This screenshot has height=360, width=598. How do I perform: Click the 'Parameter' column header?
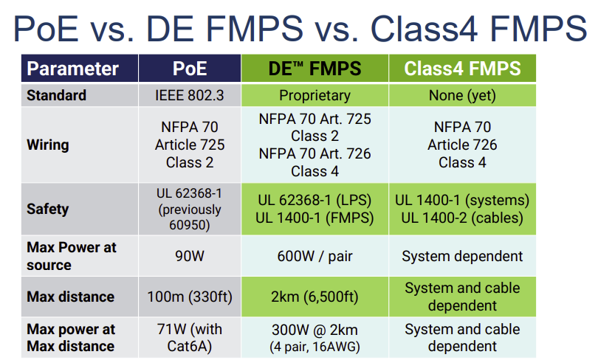point(72,69)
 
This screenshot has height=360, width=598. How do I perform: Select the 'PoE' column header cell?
point(190,69)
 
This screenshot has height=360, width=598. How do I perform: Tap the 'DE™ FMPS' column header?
point(315,69)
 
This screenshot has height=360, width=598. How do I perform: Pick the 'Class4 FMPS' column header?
point(462,69)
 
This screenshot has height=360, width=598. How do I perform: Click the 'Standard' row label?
point(56,95)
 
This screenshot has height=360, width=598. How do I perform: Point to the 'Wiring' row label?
point(48,145)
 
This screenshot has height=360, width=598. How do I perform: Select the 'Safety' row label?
point(47,209)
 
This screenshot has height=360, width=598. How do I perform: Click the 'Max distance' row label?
point(70,297)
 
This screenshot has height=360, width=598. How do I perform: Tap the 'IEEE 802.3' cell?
point(190,95)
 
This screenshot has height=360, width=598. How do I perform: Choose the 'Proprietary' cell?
point(315,95)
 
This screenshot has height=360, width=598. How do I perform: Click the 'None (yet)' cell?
point(462,95)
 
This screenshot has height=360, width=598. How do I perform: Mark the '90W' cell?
point(190,256)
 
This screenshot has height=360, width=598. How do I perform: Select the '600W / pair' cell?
point(315,256)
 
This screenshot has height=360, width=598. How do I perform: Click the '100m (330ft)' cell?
point(190,297)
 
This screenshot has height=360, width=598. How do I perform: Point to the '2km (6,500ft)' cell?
point(315,297)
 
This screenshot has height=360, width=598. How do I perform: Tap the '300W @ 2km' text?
point(315,330)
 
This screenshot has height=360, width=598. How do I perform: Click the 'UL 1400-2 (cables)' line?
point(462,218)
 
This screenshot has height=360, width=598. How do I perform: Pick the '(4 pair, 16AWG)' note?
point(315,346)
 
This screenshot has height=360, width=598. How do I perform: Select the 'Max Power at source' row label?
point(72,256)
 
